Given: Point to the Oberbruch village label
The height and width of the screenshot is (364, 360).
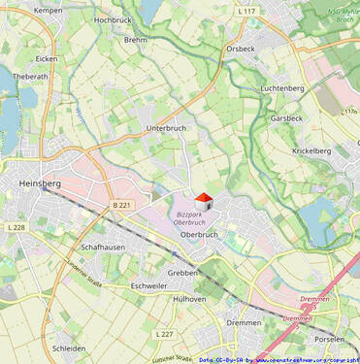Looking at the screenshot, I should (199, 234).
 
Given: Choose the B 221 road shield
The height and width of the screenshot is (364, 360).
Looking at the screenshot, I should (121, 205).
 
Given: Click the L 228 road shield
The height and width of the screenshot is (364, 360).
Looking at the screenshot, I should (16, 227).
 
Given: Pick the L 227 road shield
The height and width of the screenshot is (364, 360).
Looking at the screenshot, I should (164, 334).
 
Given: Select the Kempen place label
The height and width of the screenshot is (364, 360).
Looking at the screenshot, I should (48, 10).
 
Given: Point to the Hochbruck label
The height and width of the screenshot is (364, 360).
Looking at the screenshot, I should (115, 20).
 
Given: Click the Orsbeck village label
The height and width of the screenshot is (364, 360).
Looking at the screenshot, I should (240, 48).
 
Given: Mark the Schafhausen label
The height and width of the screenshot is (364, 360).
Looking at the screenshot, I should (103, 248).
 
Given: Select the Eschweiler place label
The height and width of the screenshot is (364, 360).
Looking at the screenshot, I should (149, 286).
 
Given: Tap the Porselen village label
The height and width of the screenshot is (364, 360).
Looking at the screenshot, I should (330, 340).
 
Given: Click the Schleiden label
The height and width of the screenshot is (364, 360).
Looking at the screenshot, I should (69, 347).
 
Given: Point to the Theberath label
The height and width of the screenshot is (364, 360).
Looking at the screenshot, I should (30, 76).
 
